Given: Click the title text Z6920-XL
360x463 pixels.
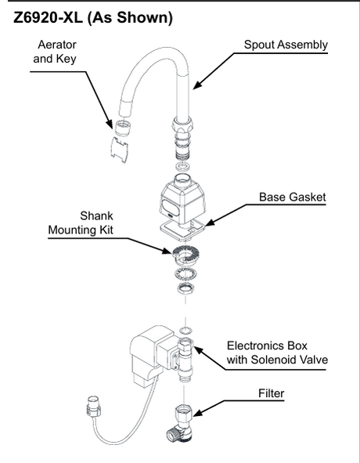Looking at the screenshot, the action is (48, 18).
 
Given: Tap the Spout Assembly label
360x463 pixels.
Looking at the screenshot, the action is (286, 45).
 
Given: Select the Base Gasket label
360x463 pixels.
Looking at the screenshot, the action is (293, 197).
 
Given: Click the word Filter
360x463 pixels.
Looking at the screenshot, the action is (272, 393).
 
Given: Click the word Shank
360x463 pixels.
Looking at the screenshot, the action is (96, 216).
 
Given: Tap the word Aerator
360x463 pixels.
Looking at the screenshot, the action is (57, 45).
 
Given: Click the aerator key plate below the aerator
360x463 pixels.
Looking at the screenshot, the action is (119, 150).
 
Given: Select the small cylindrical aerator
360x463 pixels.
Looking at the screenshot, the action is (123, 128).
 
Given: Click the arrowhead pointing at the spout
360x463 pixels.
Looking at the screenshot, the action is (197, 85).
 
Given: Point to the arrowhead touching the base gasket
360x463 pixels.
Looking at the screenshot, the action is (209, 222).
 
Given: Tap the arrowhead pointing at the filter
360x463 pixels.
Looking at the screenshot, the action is (198, 412).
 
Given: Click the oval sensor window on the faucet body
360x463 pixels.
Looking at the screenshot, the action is (171, 208).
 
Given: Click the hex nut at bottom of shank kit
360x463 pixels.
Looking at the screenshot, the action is (185, 288).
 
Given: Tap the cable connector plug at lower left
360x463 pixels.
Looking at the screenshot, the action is (94, 407).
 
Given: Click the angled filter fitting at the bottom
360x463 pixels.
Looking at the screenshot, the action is (179, 424).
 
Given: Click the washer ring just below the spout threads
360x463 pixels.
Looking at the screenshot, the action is (183, 167).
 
